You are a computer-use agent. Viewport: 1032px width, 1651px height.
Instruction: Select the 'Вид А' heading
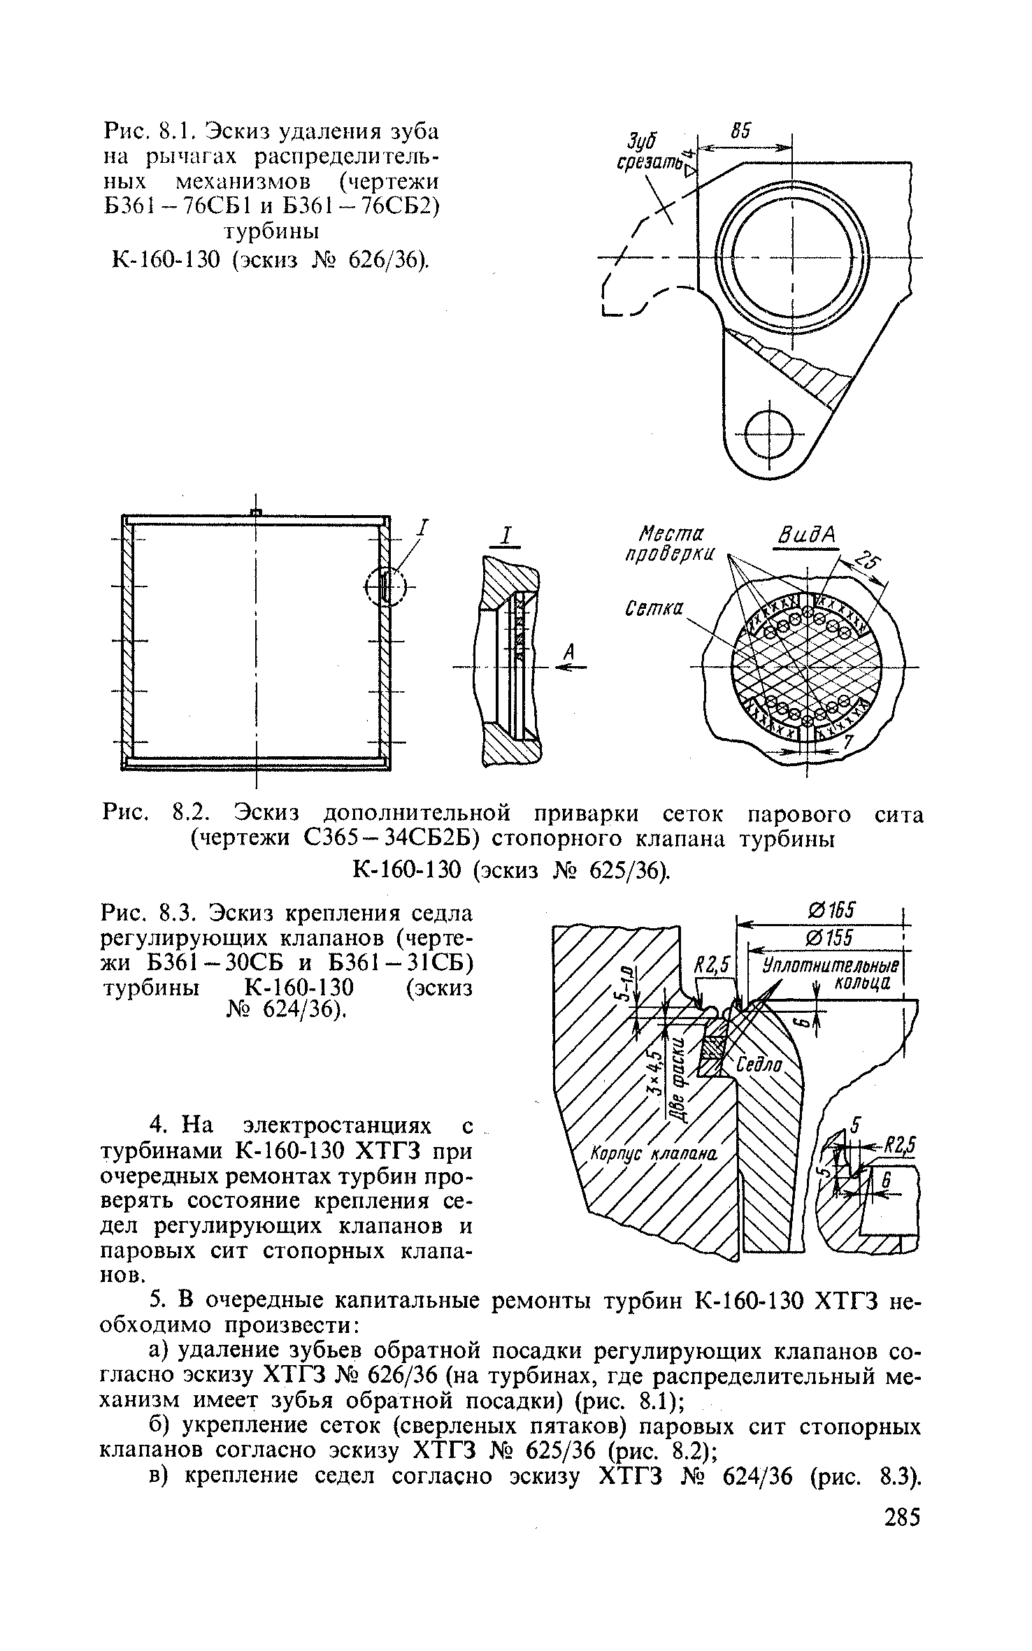point(808,535)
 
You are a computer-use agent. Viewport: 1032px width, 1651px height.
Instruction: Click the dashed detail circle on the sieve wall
point(385,585)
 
